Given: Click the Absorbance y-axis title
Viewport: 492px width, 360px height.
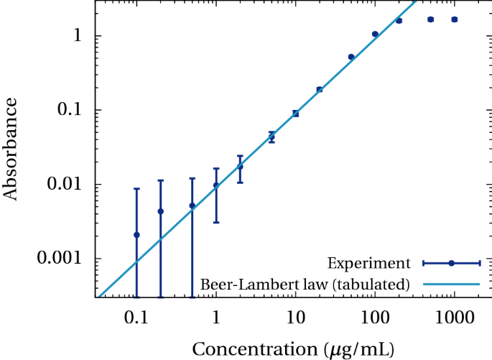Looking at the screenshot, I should coord(10,149).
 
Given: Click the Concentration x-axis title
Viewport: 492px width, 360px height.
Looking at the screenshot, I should coord(292,349).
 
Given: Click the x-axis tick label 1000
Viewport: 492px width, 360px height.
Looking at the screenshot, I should coord(454,316).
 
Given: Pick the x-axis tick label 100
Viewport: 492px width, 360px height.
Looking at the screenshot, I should coord(375,316).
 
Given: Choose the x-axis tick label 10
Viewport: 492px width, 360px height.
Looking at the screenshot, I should coord(295,316).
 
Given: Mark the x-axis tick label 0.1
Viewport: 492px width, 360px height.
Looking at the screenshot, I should coord(136,316).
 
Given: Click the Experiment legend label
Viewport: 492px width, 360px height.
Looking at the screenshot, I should coord(368,263).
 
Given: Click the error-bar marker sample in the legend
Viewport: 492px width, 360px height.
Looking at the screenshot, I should coord(451,263).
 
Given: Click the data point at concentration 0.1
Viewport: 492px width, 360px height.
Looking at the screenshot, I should coord(136,235).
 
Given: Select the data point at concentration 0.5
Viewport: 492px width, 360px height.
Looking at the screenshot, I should coord(192,206).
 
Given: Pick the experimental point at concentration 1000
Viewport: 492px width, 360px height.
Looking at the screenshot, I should coord(454,19).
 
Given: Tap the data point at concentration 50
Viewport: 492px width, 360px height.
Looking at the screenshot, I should coord(351,57).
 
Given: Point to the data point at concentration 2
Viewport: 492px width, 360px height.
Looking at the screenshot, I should coord(240,167).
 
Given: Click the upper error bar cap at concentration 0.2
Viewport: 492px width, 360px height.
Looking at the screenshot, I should coord(160,180).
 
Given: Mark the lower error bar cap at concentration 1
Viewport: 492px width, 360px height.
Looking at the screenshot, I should coord(215,222).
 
